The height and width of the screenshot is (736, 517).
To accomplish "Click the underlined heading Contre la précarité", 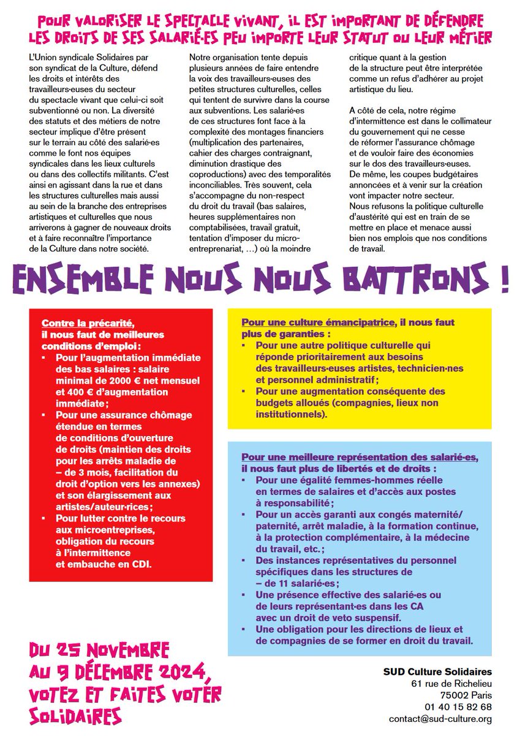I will point(87,323).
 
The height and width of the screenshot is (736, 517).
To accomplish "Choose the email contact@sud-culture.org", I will point(440,719).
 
